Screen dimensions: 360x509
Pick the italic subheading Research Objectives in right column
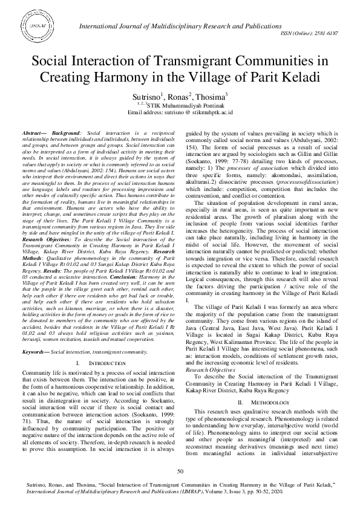(x=211, y=352)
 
